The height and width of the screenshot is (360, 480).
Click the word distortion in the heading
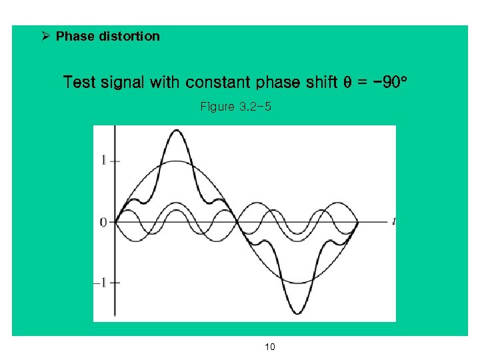coord(129,36)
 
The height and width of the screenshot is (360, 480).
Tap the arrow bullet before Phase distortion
coord(45,36)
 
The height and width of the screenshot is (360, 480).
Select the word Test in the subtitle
coord(78,83)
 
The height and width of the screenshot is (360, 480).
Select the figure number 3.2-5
coord(255,107)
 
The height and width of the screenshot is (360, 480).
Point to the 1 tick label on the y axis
coord(103,160)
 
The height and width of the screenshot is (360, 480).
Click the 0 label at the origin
coord(103,222)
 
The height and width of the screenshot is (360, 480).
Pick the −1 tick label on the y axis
coord(100,283)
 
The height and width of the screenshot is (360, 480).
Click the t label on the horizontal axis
coord(394,221)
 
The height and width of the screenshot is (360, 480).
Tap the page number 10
coord(270,347)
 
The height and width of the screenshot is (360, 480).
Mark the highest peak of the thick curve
coord(176,131)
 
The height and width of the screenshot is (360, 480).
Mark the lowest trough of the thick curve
coord(297,313)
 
